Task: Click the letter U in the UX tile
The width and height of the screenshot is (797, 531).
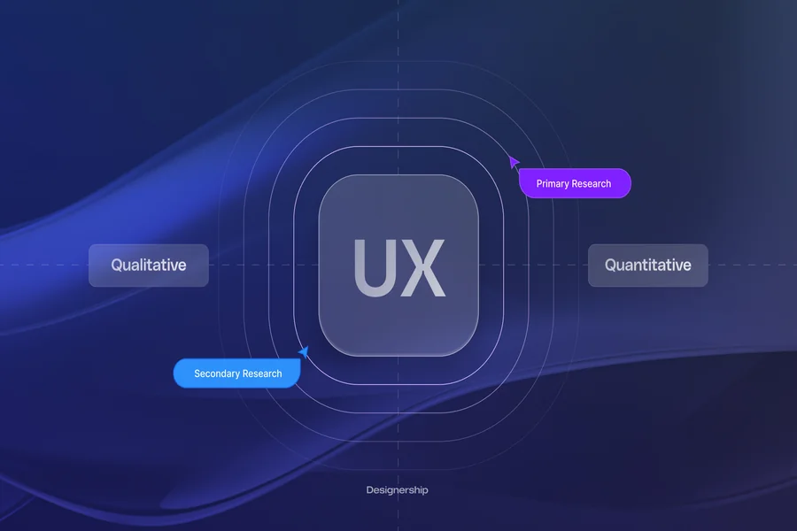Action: pyautogui.click(x=373, y=268)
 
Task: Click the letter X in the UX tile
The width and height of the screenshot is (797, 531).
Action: pyautogui.click(x=423, y=268)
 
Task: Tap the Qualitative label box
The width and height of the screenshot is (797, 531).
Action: pyautogui.click(x=149, y=265)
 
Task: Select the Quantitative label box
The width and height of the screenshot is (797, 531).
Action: pyautogui.click(x=648, y=265)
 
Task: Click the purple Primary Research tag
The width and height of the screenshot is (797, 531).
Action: pyautogui.click(x=575, y=183)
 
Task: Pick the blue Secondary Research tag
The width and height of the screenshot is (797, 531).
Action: pyautogui.click(x=236, y=373)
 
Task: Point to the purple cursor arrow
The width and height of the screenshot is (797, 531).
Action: pyautogui.click(x=514, y=162)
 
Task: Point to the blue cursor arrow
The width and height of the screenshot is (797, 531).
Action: pyautogui.click(x=304, y=351)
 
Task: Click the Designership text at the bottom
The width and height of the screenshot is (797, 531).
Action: pyautogui.click(x=397, y=490)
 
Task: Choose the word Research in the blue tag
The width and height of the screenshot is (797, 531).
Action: pyautogui.click(x=262, y=373)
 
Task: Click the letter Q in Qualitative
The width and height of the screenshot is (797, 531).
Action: pyautogui.click(x=118, y=265)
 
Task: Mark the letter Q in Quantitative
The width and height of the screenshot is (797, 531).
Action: pyautogui.click(x=611, y=265)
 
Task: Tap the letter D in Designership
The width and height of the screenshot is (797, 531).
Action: pyautogui.click(x=370, y=489)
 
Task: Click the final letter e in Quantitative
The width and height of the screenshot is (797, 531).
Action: pyautogui.click(x=686, y=266)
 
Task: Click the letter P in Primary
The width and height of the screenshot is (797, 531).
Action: pyautogui.click(x=539, y=183)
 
